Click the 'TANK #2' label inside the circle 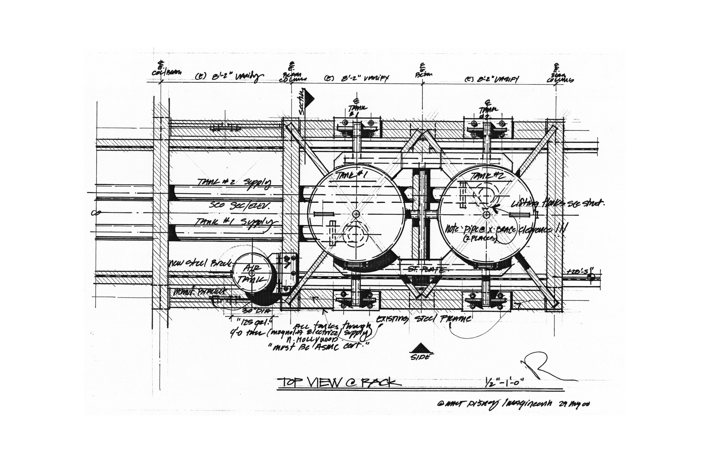click(x=485, y=176)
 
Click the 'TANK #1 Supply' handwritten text click(x=235, y=222)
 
